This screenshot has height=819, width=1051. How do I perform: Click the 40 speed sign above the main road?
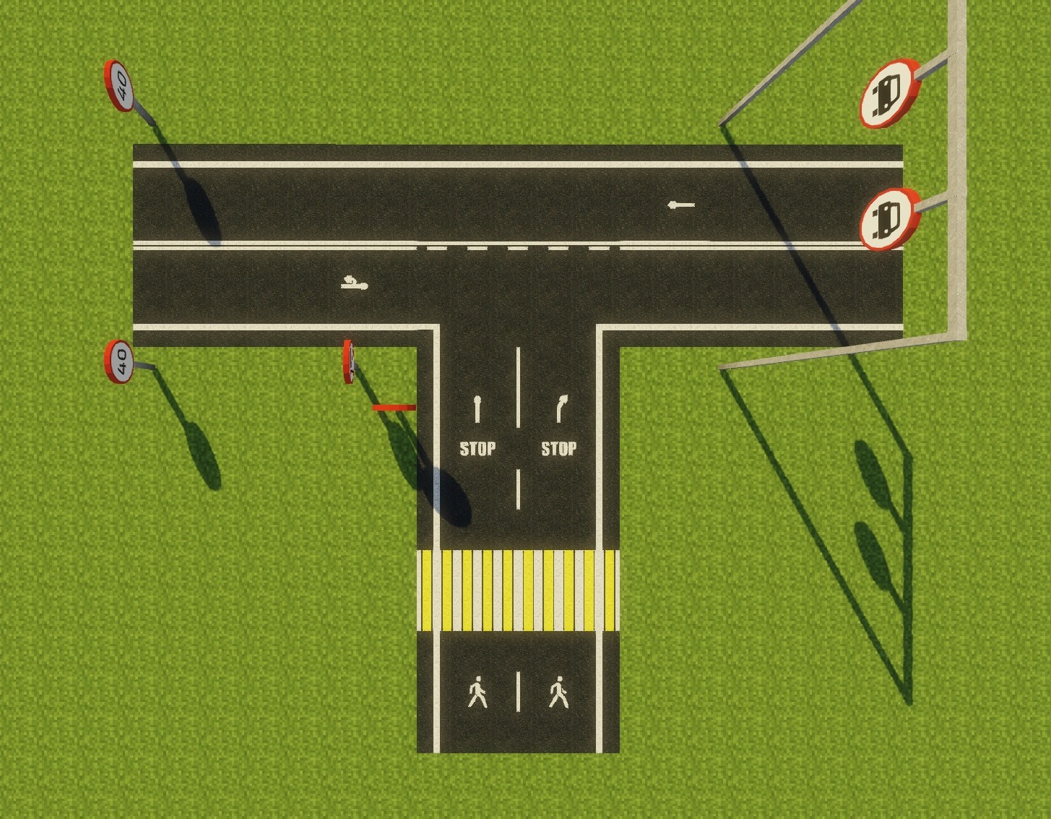click(119, 86)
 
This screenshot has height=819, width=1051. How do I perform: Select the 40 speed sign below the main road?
click(119, 361)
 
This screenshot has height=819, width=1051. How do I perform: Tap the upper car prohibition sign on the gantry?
click(889, 93)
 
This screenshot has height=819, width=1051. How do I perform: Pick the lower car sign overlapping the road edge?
click(889, 219)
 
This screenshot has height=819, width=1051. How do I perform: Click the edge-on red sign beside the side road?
click(349, 361)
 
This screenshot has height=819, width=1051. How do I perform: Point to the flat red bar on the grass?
click(394, 408)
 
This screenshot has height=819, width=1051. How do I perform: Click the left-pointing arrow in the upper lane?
click(681, 205)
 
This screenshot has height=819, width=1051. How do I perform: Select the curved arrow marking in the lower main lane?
click(355, 283)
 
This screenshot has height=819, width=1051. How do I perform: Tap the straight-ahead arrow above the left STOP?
click(477, 409)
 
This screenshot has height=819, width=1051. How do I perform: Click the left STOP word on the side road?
click(477, 449)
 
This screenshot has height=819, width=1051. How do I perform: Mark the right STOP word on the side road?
click(558, 449)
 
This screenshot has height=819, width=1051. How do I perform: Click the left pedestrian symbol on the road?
click(477, 692)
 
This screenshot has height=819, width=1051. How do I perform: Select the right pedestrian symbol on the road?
click(558, 692)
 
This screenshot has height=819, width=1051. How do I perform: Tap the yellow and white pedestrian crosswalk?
click(518, 591)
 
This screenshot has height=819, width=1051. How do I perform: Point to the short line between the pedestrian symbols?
click(518, 692)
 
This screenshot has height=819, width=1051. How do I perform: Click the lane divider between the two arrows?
click(518, 387)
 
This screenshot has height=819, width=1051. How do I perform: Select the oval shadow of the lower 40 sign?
click(204, 455)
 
